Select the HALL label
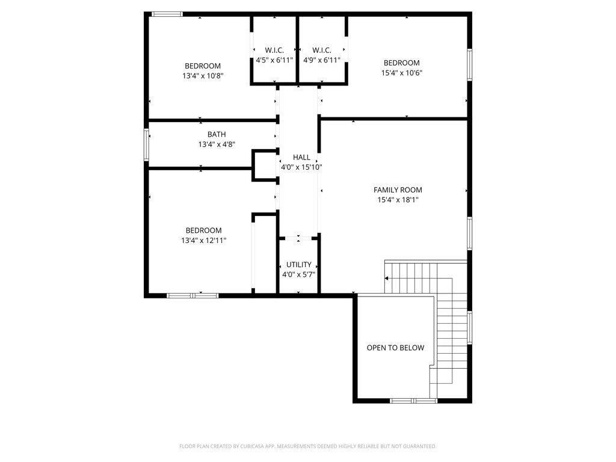click(301, 157)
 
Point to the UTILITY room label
click(298, 264)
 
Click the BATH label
click(200, 134)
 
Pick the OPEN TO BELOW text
click(395, 348)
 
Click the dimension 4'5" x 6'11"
click(274, 60)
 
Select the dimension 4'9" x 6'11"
click(322, 60)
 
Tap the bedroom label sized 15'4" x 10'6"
click(401, 63)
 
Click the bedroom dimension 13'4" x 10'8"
click(203, 76)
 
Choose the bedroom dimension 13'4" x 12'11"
click(203, 241)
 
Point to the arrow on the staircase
click(387, 278)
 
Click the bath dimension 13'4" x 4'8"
click(200, 144)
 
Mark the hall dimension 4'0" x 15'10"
click(301, 167)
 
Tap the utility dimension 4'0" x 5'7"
click(298, 274)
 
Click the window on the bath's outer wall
click(146, 144)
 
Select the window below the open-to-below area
click(413, 400)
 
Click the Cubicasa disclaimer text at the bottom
click(307, 446)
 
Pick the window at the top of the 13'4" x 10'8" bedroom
click(167, 14)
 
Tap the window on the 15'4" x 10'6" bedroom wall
click(469, 66)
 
